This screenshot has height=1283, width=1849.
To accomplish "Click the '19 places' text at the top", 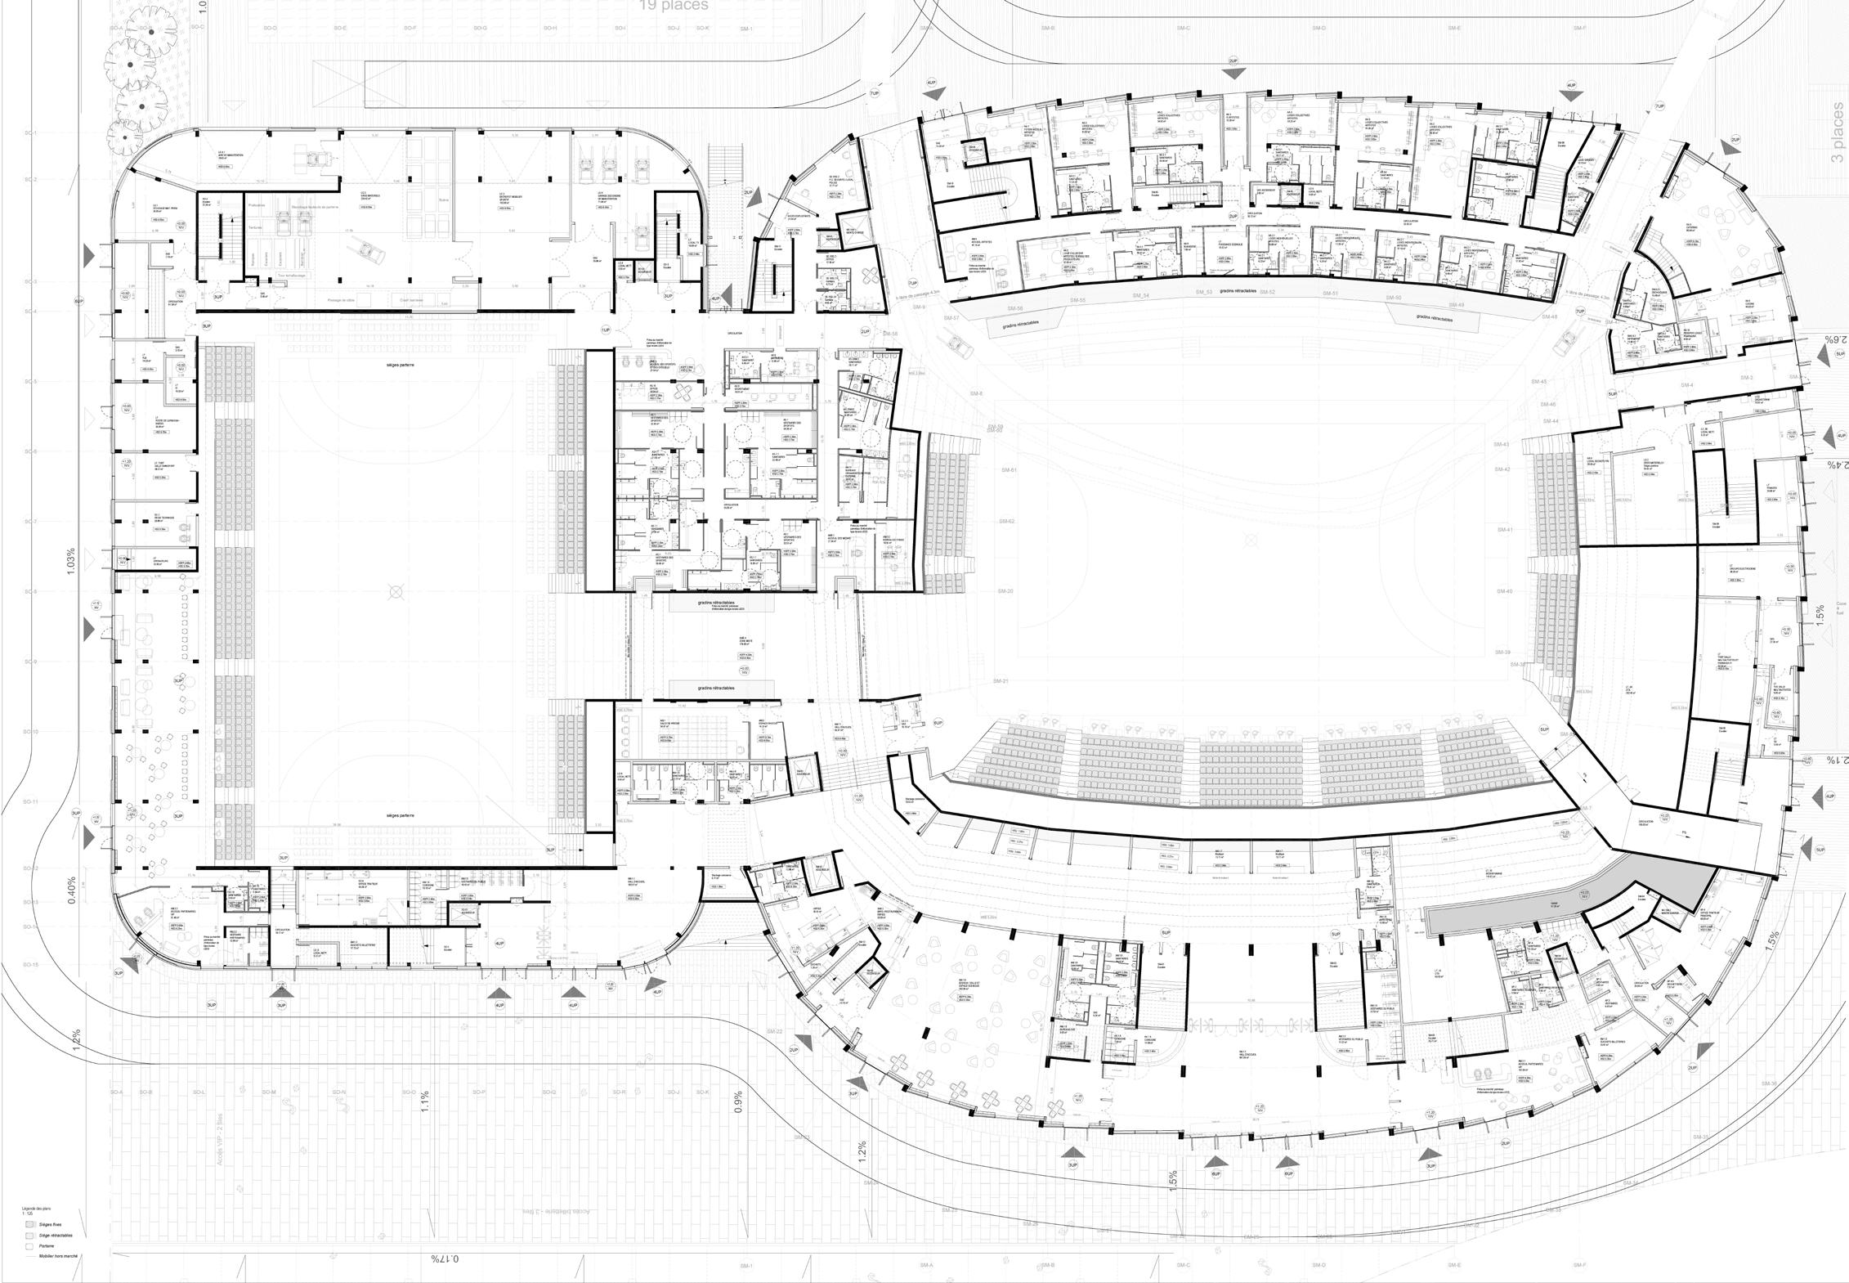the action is point(674,6).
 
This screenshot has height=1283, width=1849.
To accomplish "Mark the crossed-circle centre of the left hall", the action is point(396,591).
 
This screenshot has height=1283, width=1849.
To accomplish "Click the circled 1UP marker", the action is point(606,330).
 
